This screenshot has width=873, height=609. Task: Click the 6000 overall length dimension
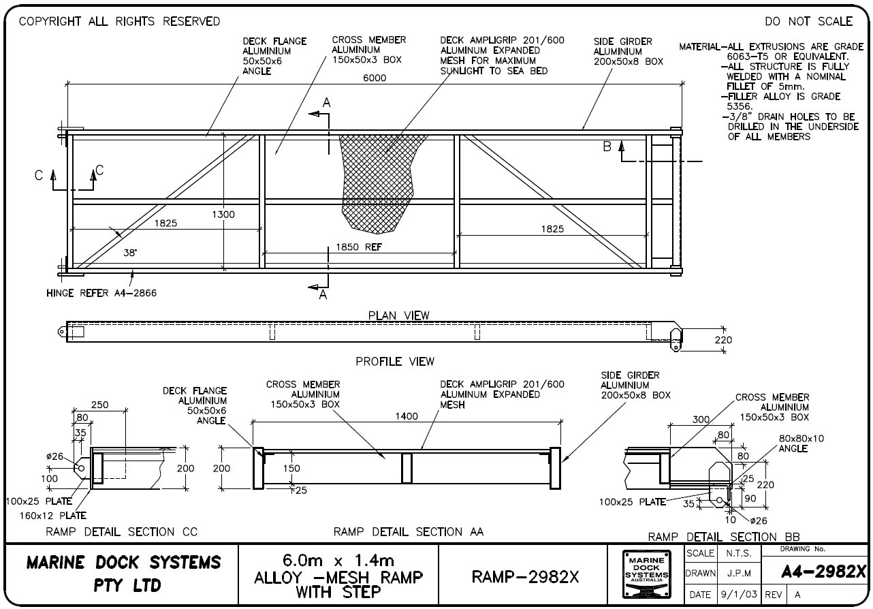click(x=374, y=78)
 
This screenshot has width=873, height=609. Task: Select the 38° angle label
click(x=129, y=252)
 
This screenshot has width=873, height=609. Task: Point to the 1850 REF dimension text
click(x=359, y=247)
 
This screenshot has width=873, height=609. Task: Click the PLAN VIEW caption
click(x=398, y=315)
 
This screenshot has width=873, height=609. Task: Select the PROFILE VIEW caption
click(x=395, y=362)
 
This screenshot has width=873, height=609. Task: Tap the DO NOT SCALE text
click(x=808, y=22)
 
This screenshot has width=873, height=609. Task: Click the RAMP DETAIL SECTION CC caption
click(x=121, y=532)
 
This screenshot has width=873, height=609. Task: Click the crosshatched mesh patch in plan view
click(x=378, y=177)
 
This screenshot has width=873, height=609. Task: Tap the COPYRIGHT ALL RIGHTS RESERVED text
click(x=119, y=22)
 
